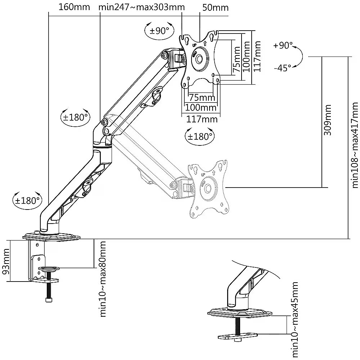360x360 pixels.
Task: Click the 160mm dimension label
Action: coord(74,7)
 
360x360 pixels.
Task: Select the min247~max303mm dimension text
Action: coord(141,7)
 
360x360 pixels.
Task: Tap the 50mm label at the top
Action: coord(215,8)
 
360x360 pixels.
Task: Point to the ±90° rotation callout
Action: coord(159,31)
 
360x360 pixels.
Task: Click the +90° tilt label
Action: coord(283,45)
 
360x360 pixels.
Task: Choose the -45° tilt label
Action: coord(282,68)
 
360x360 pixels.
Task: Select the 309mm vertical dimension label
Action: coord(327,120)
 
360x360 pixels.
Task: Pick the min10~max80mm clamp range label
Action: coord(103,279)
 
